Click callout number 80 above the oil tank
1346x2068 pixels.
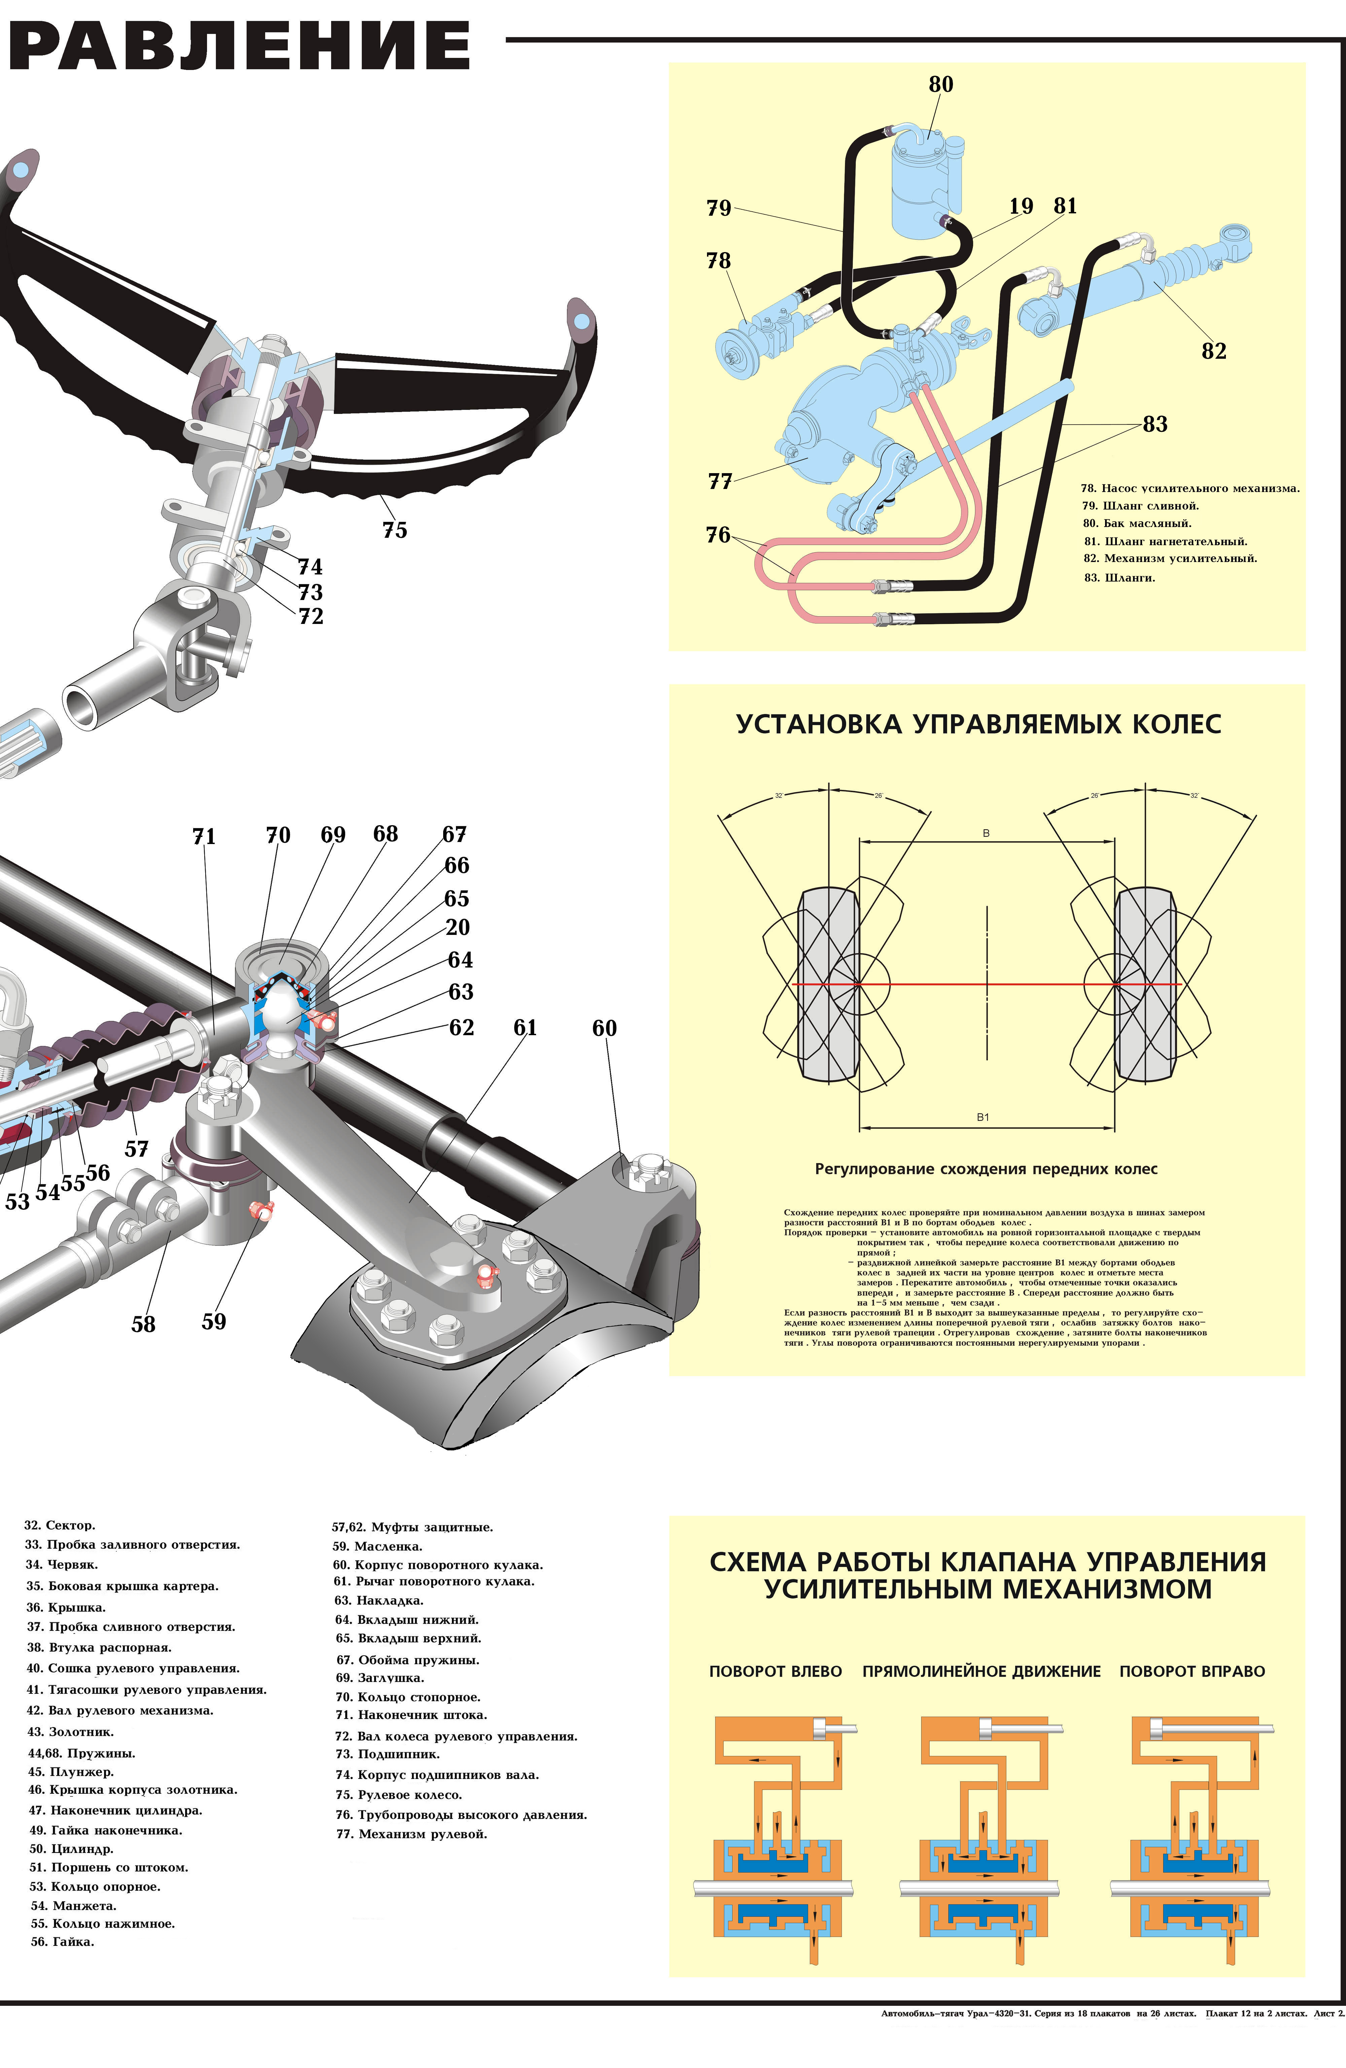click(x=940, y=84)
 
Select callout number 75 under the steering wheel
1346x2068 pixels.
click(x=394, y=530)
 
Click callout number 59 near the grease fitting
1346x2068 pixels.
click(x=214, y=1322)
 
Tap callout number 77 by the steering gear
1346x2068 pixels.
click(x=719, y=481)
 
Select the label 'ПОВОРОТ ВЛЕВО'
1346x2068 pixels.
click(x=775, y=1671)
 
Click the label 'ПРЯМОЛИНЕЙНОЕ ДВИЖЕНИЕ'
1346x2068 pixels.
click(x=981, y=1671)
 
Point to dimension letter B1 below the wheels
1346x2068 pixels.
click(x=983, y=1117)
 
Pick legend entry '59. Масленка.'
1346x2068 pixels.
click(x=377, y=1546)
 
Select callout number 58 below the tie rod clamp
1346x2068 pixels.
click(x=143, y=1324)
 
